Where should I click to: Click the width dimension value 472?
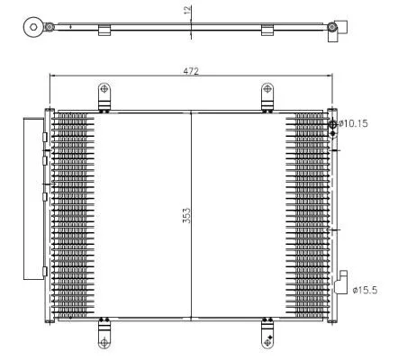(191, 70)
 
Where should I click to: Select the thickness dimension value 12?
(186, 11)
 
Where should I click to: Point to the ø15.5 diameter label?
(364, 290)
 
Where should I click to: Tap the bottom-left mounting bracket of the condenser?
(104, 333)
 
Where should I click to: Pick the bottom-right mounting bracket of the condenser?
(267, 333)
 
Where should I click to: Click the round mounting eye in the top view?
(35, 26)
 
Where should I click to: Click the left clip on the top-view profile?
(104, 32)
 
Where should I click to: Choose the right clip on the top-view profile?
(267, 32)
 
